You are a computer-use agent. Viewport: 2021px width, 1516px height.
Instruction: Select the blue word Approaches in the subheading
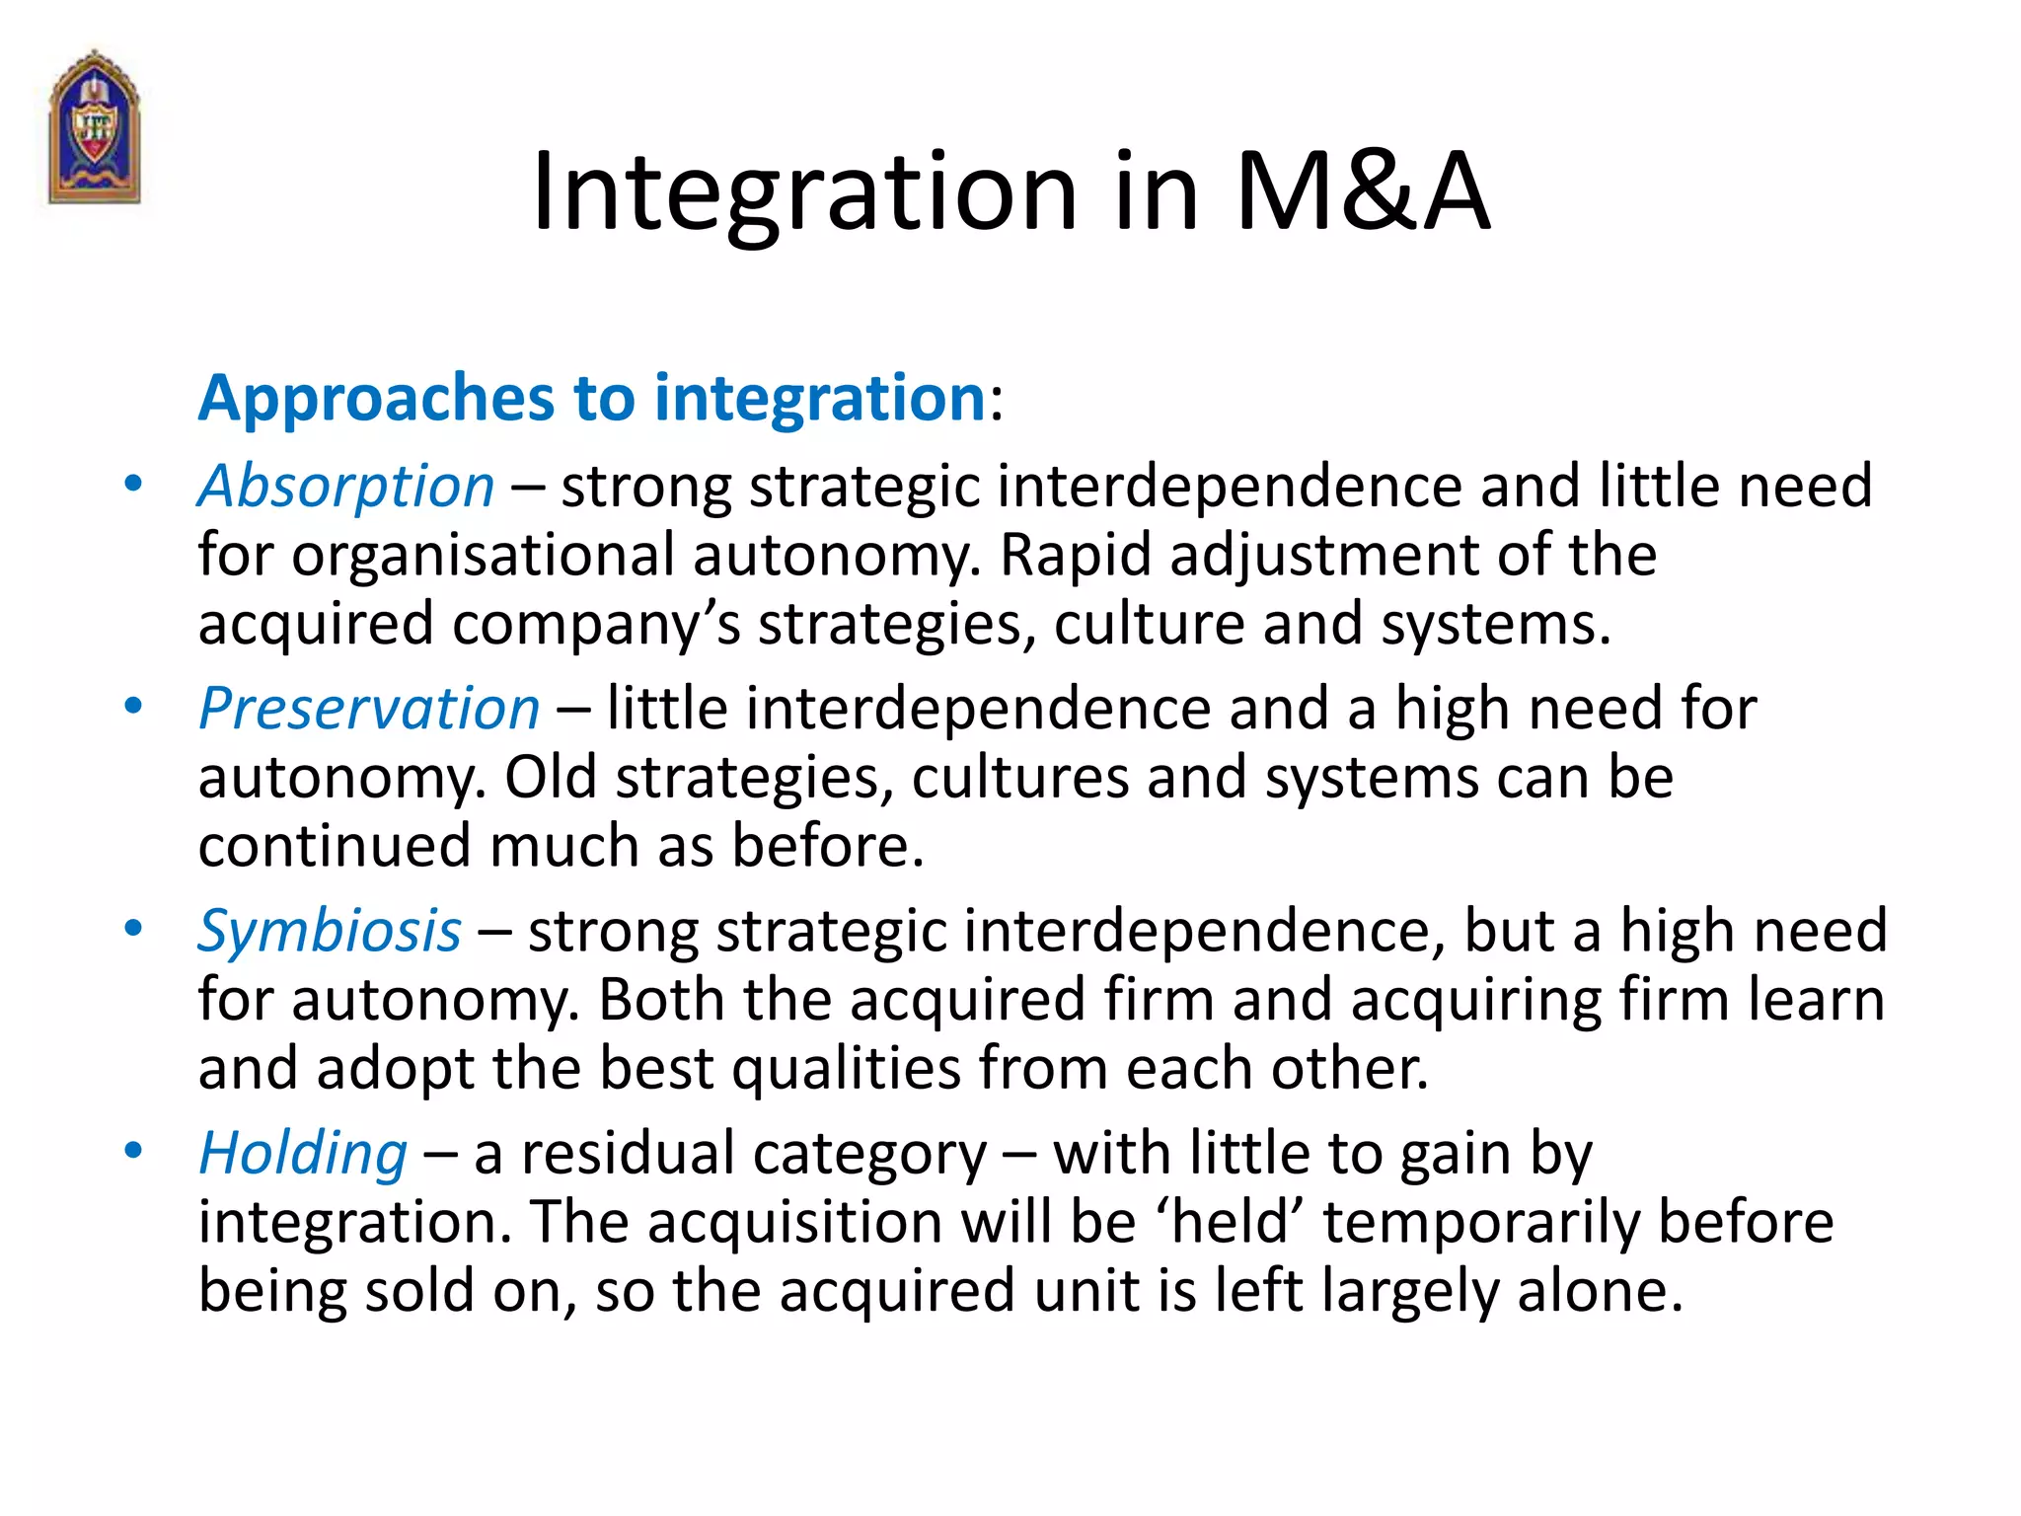click(376, 400)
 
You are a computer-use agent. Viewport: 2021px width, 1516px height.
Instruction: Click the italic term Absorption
click(346, 487)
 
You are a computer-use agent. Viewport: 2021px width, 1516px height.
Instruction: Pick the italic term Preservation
click(369, 709)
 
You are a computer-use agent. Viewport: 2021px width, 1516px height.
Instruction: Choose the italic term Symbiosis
click(330, 931)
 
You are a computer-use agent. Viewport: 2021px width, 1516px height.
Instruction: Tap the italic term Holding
click(303, 1154)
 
